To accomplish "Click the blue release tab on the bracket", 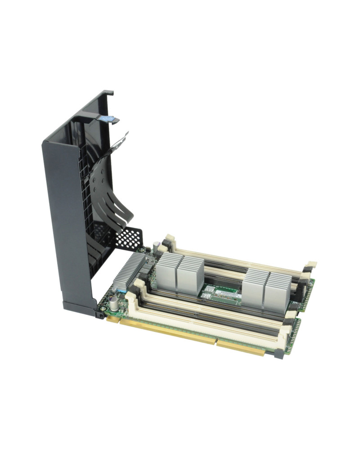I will tap(108, 119).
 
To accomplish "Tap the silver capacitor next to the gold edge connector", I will tap(115, 301).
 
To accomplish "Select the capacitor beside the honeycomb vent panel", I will tap(156, 246).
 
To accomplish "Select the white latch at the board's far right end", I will tap(310, 265).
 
